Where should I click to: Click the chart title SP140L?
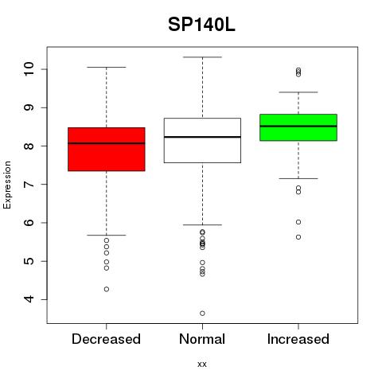[201, 25]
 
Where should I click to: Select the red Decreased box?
[107, 149]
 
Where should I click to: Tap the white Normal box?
[202, 140]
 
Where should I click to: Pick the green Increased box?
[298, 127]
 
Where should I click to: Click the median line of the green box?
[298, 126]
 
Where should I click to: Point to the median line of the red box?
[107, 143]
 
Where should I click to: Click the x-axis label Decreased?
[106, 339]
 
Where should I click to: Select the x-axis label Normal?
[202, 339]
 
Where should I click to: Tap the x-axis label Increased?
[298, 339]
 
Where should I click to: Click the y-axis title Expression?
[7, 185]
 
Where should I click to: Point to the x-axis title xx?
[202, 364]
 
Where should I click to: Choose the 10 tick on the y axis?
[45, 69]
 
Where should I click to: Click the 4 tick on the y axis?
[45, 299]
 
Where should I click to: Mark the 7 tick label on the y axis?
[29, 185]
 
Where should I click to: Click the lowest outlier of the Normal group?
[202, 314]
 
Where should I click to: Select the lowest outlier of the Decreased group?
[107, 289]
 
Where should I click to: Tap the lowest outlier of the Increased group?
[298, 237]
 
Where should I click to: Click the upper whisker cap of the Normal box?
[202, 57]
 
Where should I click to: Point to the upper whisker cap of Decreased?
[107, 67]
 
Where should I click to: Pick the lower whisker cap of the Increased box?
[298, 178]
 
